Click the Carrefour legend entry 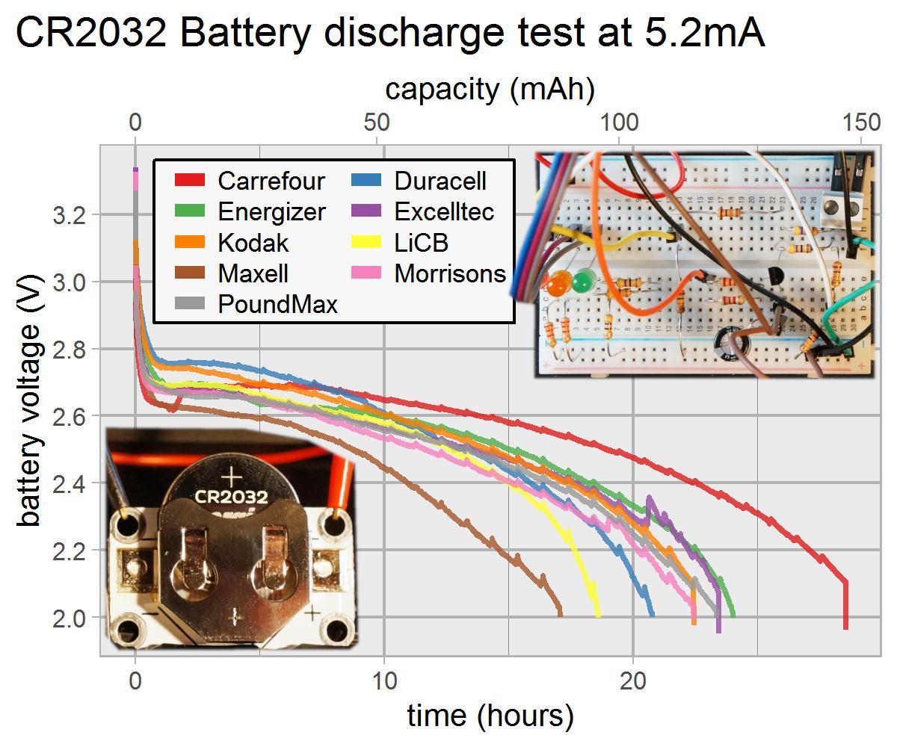pyautogui.click(x=271, y=181)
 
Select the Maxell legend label pyautogui.click(x=253, y=273)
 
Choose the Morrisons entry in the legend pyautogui.click(x=450, y=273)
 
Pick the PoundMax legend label pyautogui.click(x=277, y=305)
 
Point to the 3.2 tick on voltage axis pyautogui.click(x=70, y=216)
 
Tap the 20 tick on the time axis pyautogui.click(x=633, y=682)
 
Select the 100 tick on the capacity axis pyautogui.click(x=620, y=123)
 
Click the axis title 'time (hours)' pyautogui.click(x=490, y=716)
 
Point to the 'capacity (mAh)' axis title pyautogui.click(x=490, y=89)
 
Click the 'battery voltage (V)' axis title pyautogui.click(x=30, y=400)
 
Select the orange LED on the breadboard pyautogui.click(x=556, y=285)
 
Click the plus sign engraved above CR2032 pyautogui.click(x=232, y=476)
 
